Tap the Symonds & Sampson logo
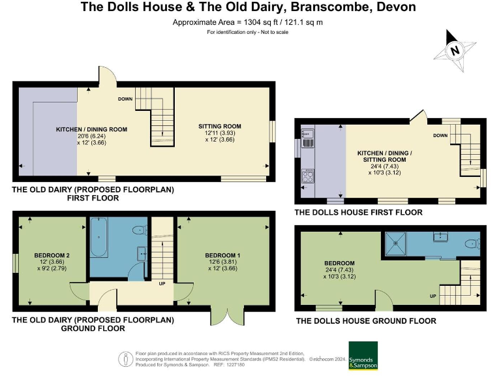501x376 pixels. pos(368,355)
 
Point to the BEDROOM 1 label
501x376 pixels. pos(224,255)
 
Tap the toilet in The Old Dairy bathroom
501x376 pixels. pos(138,230)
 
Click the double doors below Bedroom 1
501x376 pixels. pos(224,315)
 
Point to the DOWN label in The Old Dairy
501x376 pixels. pos(125,99)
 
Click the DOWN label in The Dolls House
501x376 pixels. pos(440,136)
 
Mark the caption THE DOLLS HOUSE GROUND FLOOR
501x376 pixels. pos(366,321)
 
